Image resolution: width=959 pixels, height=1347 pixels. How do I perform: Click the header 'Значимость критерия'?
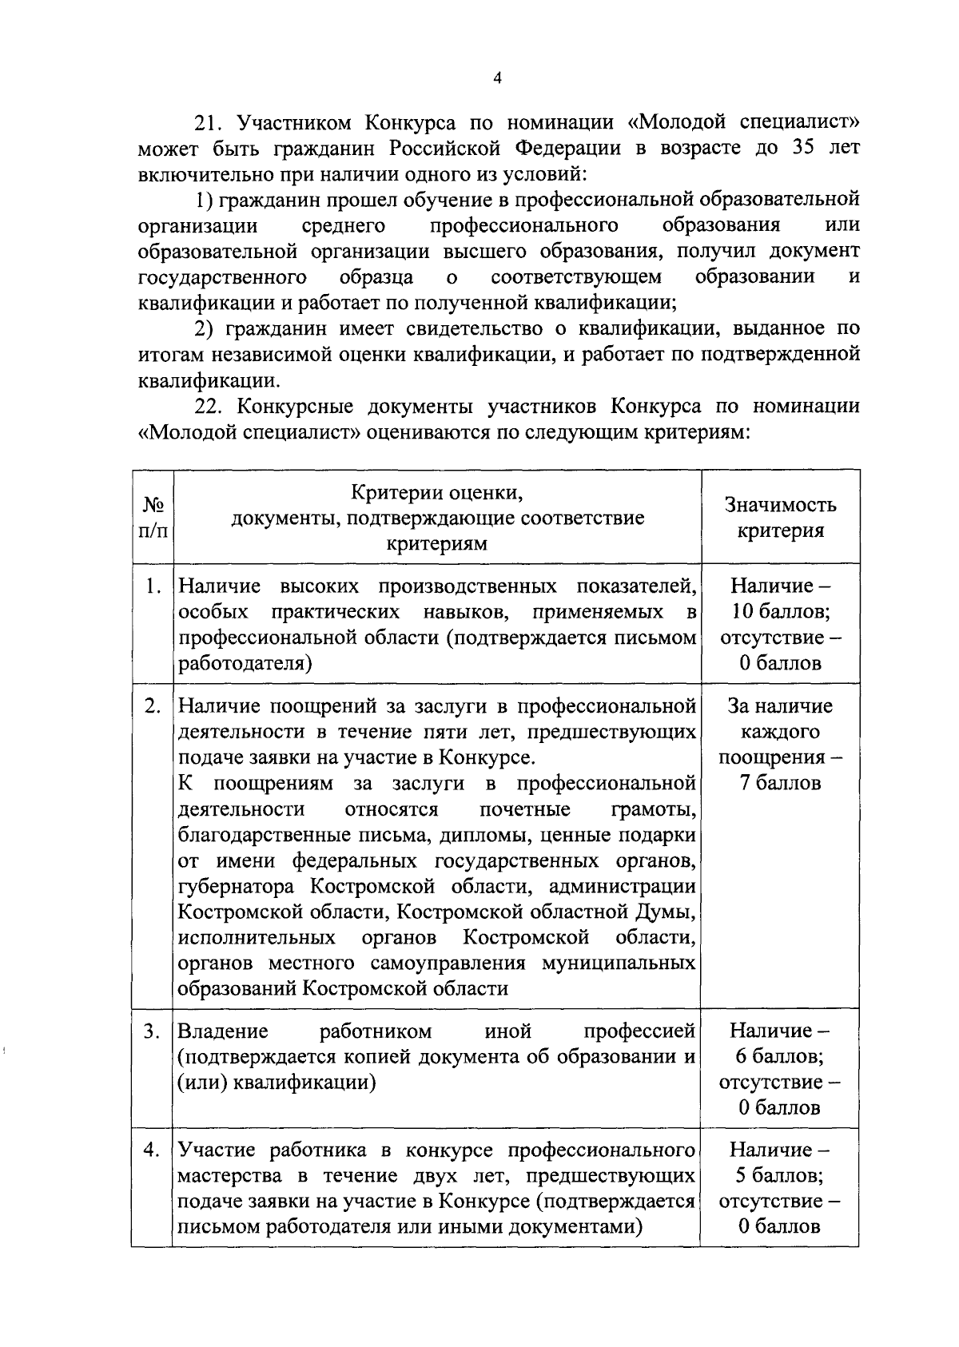(780, 517)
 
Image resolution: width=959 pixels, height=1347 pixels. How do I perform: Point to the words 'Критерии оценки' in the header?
(438, 491)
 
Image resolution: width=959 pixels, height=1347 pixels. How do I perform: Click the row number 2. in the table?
(154, 706)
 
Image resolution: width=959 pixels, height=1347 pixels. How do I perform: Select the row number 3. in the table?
(154, 1031)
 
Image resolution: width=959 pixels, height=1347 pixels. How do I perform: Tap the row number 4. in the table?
(154, 1150)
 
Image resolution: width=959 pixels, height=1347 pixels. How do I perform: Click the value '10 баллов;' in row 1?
(780, 612)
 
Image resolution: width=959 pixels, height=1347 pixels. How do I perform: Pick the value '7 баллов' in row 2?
(780, 783)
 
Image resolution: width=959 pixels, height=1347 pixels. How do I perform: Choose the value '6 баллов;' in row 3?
(780, 1057)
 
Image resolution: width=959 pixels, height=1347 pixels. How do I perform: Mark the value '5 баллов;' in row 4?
(780, 1176)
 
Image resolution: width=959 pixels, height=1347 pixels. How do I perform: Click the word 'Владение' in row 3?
(223, 1031)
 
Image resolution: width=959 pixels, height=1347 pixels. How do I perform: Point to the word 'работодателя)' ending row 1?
(245, 664)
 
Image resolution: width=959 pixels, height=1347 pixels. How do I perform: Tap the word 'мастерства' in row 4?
(233, 1176)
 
